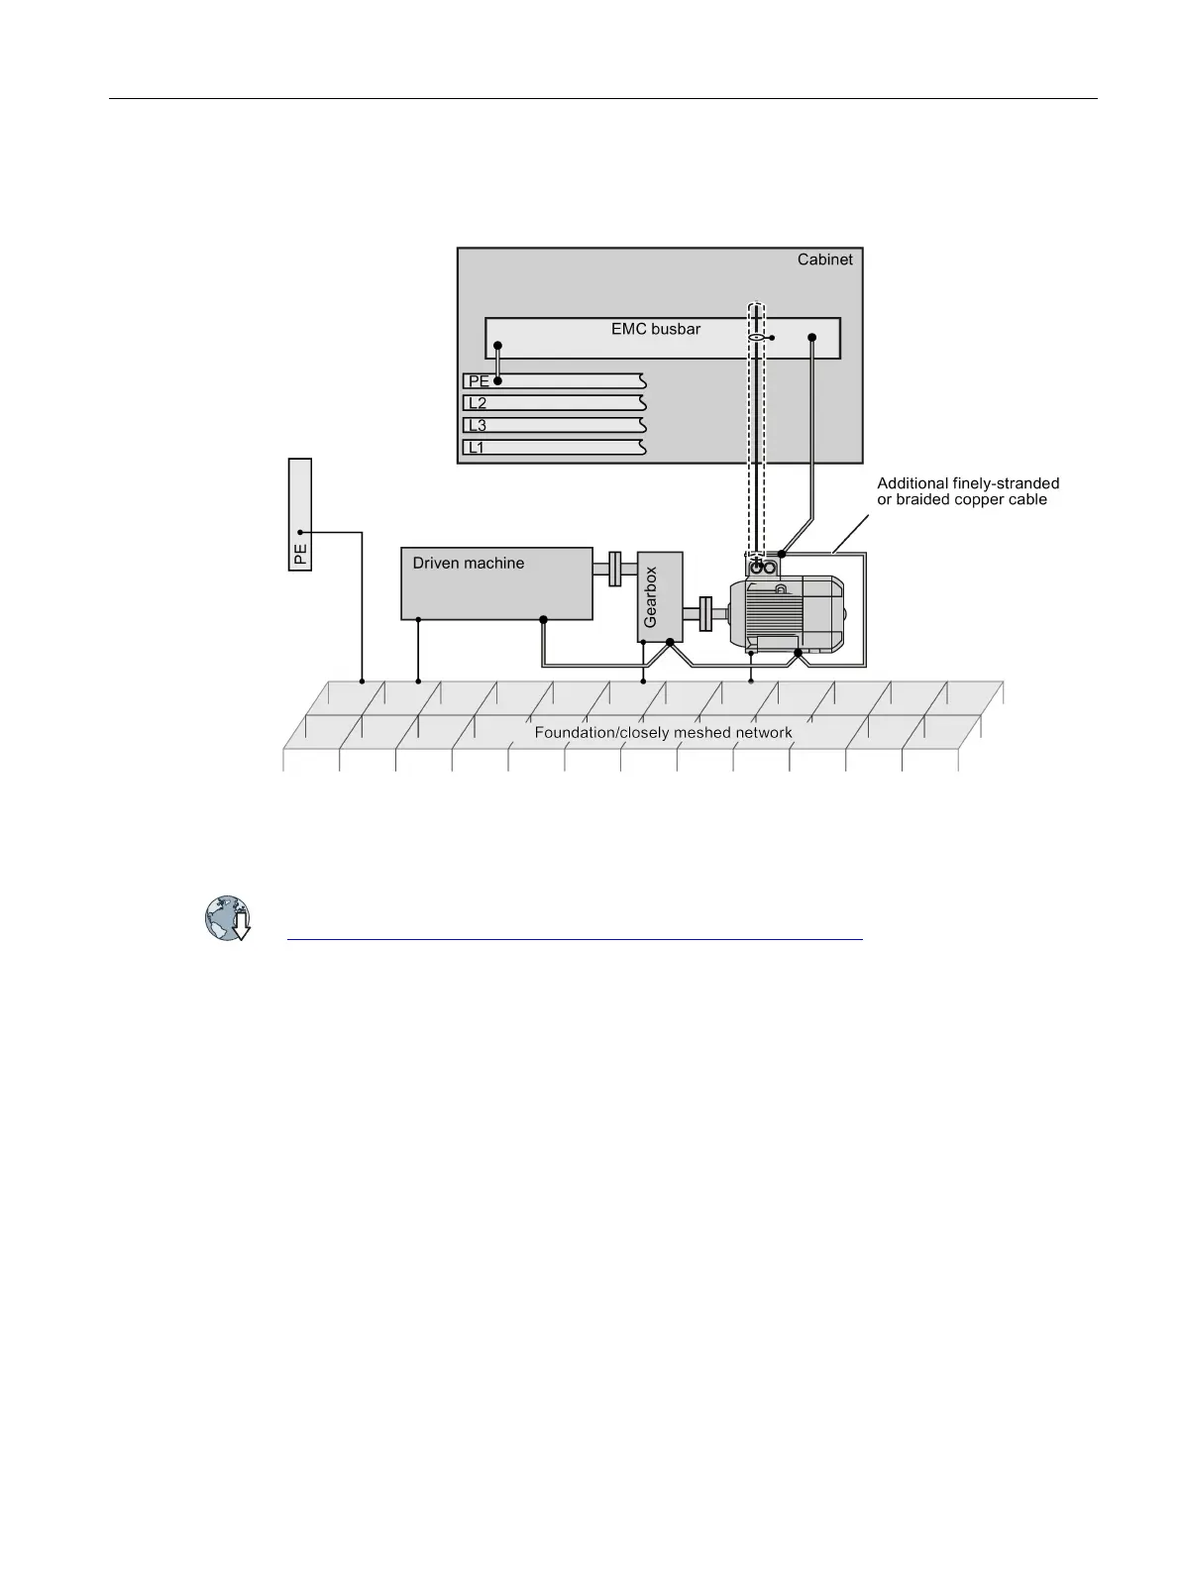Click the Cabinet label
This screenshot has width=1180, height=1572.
824,260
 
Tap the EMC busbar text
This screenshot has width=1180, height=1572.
655,329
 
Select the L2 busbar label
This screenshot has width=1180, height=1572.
478,403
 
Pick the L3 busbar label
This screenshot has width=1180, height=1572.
478,426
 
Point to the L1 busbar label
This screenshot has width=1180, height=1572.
478,448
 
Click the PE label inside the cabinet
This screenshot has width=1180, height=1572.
478,381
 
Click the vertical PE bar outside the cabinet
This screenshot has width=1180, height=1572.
299,514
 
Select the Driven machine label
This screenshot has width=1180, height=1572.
468,564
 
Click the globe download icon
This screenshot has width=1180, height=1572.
228,918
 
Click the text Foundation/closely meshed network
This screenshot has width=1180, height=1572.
663,733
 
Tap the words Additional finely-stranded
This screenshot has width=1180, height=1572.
967,483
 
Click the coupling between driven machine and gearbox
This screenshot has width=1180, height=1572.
614,569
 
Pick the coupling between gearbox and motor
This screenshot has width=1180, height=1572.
705,613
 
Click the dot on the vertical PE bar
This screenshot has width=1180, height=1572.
299,533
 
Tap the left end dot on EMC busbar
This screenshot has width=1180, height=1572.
498,346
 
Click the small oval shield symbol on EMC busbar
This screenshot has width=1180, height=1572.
756,338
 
